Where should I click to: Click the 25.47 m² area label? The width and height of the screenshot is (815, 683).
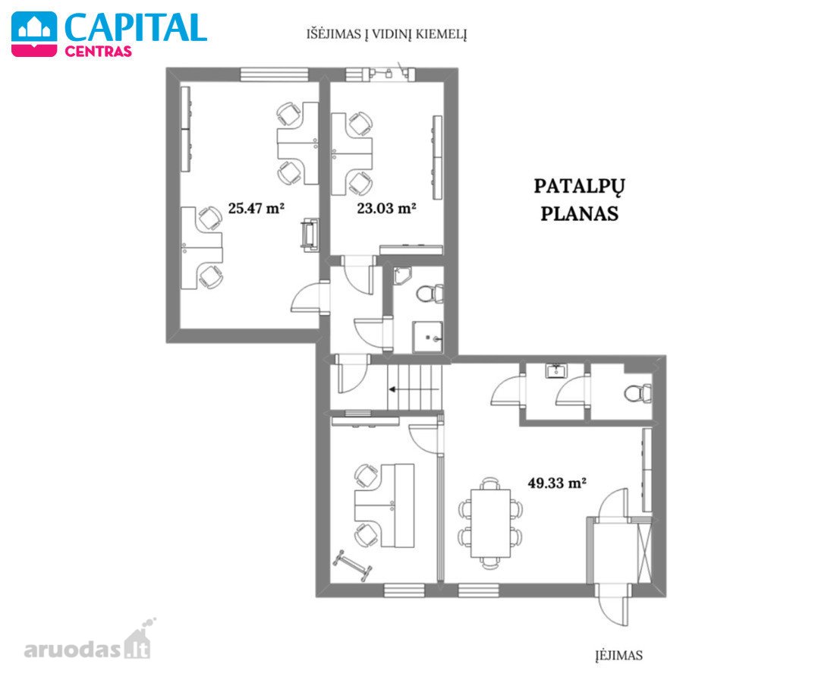click(256, 209)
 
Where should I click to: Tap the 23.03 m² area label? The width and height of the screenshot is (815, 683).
click(386, 209)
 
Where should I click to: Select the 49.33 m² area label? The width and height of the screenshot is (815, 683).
click(557, 483)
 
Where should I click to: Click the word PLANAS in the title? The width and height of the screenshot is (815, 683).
click(580, 214)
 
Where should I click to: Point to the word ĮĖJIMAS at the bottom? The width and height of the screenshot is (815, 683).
click(619, 655)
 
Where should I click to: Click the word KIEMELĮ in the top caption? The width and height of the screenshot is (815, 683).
click(441, 34)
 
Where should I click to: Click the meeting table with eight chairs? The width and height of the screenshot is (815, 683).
click(491, 523)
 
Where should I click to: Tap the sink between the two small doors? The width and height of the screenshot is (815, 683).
click(556, 371)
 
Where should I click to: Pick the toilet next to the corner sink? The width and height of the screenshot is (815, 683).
click(430, 294)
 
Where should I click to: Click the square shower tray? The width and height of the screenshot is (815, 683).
click(427, 337)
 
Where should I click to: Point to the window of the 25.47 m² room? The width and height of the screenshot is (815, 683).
click(275, 75)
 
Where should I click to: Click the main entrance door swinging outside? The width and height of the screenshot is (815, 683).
click(613, 605)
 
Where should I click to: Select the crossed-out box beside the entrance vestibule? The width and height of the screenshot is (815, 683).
click(644, 553)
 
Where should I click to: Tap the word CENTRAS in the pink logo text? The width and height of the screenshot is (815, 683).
click(98, 52)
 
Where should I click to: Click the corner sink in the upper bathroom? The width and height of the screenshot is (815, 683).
click(401, 275)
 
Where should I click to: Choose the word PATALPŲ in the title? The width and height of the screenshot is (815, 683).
click(580, 187)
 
